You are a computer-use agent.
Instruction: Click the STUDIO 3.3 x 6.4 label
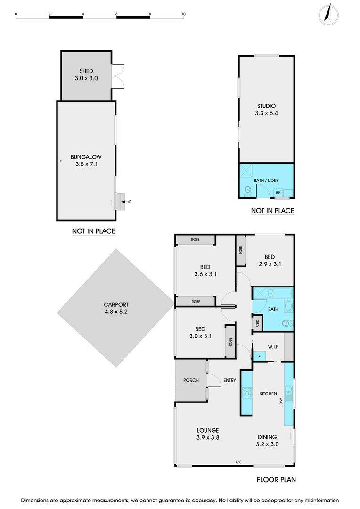pyautogui.click(x=266, y=109)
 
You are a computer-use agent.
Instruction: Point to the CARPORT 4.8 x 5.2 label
pyautogui.click(x=116, y=308)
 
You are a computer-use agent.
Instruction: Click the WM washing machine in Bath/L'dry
pyautogui.click(x=278, y=192)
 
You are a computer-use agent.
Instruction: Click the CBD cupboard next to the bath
pyautogui.click(x=257, y=323)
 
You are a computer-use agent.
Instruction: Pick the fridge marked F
pyautogui.click(x=259, y=357)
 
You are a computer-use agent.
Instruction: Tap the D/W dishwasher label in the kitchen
pyautogui.click(x=281, y=402)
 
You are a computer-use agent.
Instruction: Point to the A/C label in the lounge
pyautogui.click(x=238, y=462)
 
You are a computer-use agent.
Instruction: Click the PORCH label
pyautogui.click(x=191, y=380)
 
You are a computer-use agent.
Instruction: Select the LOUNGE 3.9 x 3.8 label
pyautogui.click(x=207, y=434)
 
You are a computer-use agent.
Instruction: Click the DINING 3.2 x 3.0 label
pyautogui.click(x=267, y=440)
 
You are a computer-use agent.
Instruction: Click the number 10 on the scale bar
pyautogui.click(x=183, y=14)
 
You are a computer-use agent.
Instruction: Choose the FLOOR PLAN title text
pyautogui.click(x=276, y=480)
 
